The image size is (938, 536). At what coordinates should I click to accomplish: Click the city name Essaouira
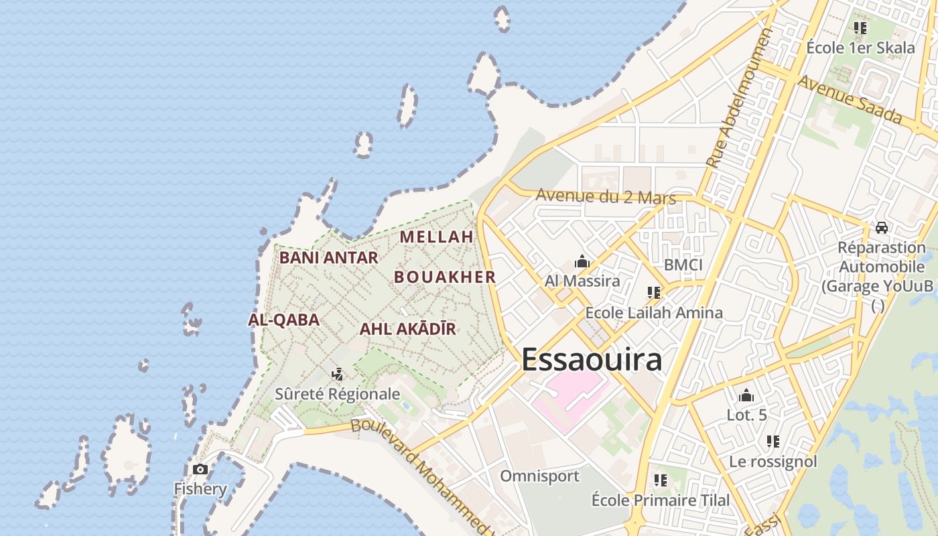click(592, 360)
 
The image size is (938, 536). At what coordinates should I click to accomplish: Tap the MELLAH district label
click(437, 237)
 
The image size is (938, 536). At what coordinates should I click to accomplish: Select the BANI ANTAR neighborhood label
click(328, 257)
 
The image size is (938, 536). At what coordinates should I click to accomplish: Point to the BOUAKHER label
click(445, 277)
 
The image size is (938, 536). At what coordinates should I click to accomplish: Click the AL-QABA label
click(283, 320)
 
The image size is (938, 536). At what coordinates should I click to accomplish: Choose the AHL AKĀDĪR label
click(407, 329)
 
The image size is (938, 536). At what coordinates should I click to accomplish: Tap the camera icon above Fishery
click(200, 469)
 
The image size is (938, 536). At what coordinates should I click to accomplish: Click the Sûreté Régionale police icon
click(338, 374)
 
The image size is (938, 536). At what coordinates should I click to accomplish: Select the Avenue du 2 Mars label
click(606, 196)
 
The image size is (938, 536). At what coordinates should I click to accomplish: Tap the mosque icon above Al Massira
click(582, 261)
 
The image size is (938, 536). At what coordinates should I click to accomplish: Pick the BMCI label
click(683, 265)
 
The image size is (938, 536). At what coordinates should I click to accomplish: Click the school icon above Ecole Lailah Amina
click(654, 293)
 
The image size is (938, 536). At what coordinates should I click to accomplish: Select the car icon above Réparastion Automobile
click(882, 228)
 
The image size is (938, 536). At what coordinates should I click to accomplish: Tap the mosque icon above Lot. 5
click(746, 396)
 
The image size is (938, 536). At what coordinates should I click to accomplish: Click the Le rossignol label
click(773, 462)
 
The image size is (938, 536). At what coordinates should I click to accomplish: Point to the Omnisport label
click(539, 476)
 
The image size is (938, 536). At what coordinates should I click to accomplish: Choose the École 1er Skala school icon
click(860, 28)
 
